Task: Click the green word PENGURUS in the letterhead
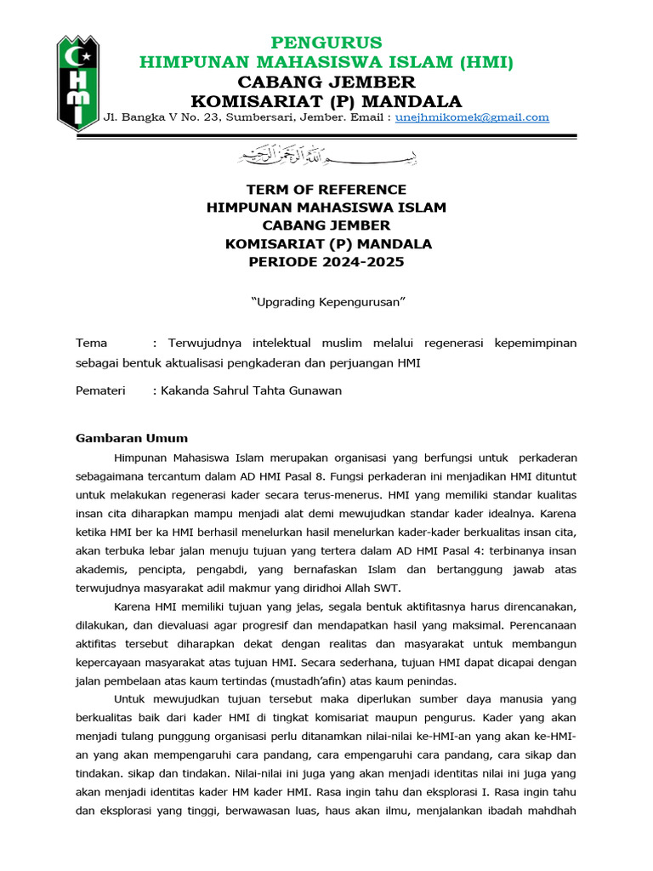coord(326,43)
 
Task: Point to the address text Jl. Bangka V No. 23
coord(159,117)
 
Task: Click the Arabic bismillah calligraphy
coord(326,156)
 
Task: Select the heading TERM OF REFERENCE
coord(326,190)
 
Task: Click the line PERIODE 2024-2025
coord(326,262)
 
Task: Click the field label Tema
coord(92,343)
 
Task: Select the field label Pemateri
coord(100,390)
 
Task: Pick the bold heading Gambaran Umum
coord(132,438)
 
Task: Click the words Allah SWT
coord(372,588)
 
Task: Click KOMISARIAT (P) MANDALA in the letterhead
coord(326,100)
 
